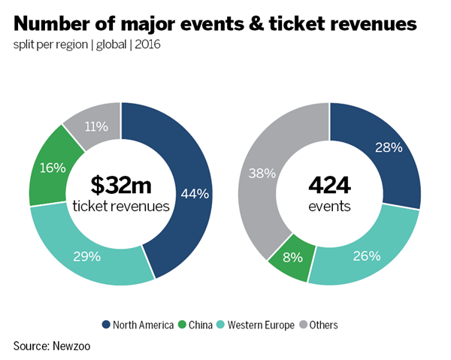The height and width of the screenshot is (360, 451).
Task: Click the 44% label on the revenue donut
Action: click(195, 193)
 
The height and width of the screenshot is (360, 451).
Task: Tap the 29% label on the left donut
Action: click(86, 256)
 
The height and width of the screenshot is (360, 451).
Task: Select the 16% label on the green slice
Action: click(53, 167)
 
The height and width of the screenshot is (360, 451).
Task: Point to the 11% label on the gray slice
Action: click(95, 126)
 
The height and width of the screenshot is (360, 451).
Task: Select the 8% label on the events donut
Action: click(292, 257)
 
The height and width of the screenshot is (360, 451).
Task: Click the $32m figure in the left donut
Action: click(120, 184)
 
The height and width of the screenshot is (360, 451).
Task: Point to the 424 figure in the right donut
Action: click(329, 184)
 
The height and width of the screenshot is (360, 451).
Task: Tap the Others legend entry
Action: click(322, 325)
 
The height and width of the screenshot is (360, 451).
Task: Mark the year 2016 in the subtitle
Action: click(148, 44)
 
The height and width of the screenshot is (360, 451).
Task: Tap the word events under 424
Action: click(329, 205)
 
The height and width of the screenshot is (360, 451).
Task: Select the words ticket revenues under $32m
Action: click(120, 205)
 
